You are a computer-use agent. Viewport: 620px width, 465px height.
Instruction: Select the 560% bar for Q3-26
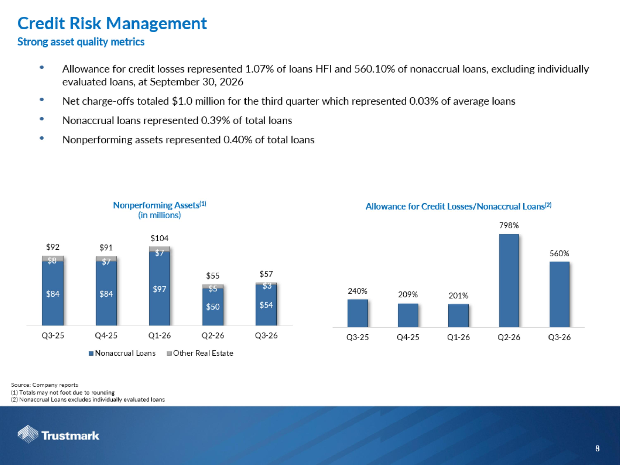point(559,294)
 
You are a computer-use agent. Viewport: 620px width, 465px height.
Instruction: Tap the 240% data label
point(357,291)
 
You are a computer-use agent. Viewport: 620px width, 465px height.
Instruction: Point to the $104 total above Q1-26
point(160,238)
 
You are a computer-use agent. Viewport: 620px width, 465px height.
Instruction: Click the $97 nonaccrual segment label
point(160,289)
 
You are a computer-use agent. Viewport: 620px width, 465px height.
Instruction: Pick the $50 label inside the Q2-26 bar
point(213,307)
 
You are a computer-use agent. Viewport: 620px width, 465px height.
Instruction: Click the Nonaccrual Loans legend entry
point(122,353)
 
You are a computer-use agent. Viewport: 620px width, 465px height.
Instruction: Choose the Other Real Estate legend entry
point(200,353)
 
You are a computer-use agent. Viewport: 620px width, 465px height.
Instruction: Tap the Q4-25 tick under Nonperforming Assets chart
point(106,335)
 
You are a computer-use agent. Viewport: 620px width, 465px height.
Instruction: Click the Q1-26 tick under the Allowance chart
point(458,337)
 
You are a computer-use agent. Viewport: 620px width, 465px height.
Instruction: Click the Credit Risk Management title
point(112,23)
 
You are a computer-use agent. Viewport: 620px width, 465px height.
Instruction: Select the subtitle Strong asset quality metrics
point(81,42)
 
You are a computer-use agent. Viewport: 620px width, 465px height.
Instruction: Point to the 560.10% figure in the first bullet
point(375,69)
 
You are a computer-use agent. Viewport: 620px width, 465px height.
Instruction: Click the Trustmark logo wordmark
point(70,436)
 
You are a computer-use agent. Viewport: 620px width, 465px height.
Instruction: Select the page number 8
point(597,449)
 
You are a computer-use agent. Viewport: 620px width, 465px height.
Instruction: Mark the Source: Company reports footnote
point(45,385)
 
